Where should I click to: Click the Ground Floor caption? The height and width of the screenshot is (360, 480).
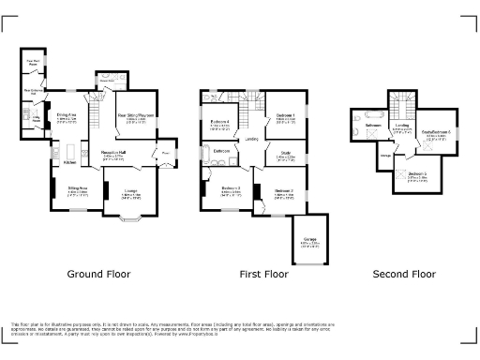coord(98,275)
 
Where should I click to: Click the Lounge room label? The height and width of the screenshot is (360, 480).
coord(127,195)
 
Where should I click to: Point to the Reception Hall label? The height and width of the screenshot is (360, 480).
coord(114,153)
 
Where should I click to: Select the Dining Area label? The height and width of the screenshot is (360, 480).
coord(66,117)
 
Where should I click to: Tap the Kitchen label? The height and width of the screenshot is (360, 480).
coord(69,163)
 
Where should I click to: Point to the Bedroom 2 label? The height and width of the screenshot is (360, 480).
coord(284,192)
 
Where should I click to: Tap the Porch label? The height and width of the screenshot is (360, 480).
coord(165,152)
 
